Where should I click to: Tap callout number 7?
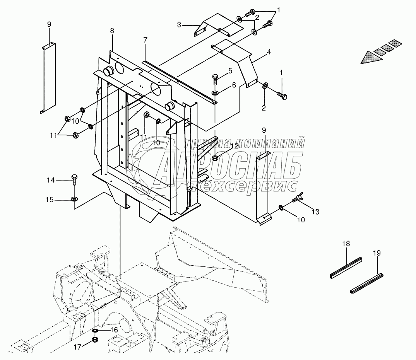click(145, 40)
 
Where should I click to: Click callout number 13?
click(316, 212)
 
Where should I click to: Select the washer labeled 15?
click(74, 200)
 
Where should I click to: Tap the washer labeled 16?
click(95, 331)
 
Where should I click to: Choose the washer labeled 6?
click(215, 93)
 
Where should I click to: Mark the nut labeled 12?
click(216, 157)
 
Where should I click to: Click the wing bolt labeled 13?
click(297, 199)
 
